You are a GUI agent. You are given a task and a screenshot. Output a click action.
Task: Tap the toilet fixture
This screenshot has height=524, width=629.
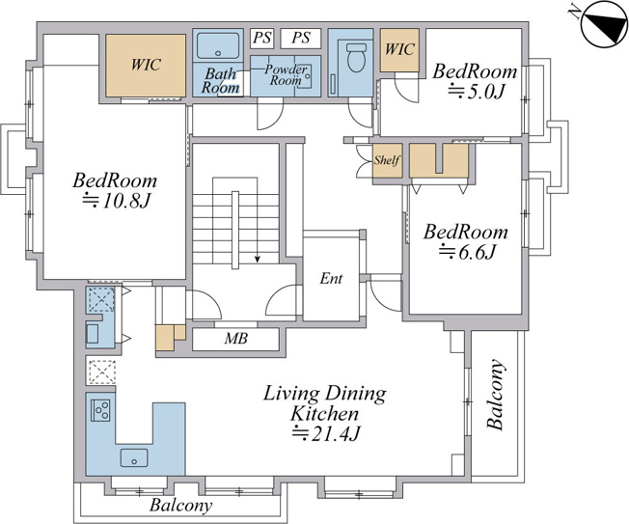point(356,57)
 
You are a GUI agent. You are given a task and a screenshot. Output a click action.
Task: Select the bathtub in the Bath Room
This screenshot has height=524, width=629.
point(218,45)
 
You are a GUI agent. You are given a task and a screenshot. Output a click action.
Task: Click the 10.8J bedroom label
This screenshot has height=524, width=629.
point(115,190)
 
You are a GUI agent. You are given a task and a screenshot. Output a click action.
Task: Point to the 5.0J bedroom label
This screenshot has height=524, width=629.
point(475,81)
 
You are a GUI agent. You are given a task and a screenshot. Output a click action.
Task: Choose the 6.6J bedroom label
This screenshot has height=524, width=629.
point(466,241)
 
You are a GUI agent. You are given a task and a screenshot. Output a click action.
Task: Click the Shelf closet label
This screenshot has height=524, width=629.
point(387,160)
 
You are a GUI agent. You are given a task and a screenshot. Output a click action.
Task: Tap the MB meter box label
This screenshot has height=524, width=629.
point(235,338)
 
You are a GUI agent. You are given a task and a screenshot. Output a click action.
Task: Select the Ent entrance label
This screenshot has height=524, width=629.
point(331,278)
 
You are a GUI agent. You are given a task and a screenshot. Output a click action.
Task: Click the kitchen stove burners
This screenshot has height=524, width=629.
point(100,410)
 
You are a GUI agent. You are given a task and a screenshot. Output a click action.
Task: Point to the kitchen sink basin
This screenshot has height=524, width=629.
point(133,457)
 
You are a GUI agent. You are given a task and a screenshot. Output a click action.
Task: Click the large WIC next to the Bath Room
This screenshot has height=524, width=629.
point(146,66)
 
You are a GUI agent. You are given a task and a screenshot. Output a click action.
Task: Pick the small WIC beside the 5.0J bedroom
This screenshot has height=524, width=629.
point(399,50)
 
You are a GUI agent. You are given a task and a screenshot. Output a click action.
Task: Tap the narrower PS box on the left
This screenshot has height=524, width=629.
point(262,38)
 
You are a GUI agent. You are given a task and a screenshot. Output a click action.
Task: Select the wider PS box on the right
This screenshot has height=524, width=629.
point(301,38)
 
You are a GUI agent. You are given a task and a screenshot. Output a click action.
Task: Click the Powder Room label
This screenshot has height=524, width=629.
point(286,75)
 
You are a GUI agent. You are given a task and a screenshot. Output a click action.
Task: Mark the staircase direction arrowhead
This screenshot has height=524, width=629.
point(258,260)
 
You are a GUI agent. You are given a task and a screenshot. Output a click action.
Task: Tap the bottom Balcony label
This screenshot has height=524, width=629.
point(180,505)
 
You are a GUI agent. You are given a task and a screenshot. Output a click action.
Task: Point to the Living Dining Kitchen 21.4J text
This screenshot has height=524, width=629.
point(324,413)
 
